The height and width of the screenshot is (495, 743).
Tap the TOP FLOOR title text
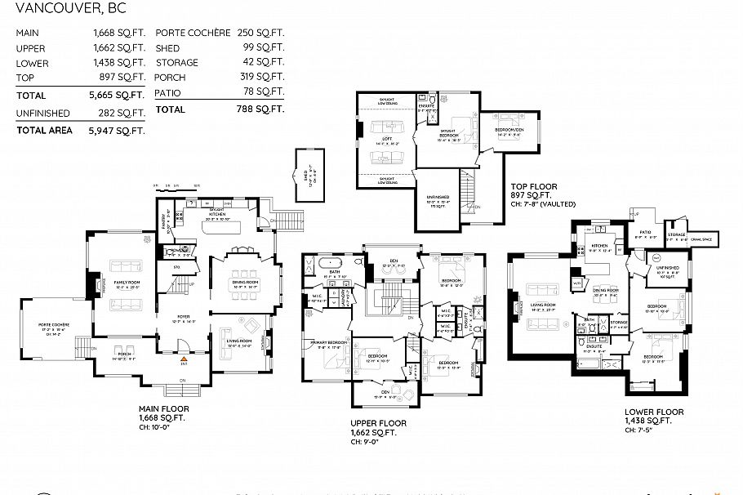tap(532, 186)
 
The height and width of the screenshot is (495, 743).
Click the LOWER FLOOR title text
tap(654, 412)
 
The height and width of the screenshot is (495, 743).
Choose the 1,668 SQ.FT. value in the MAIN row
tap(118, 33)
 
